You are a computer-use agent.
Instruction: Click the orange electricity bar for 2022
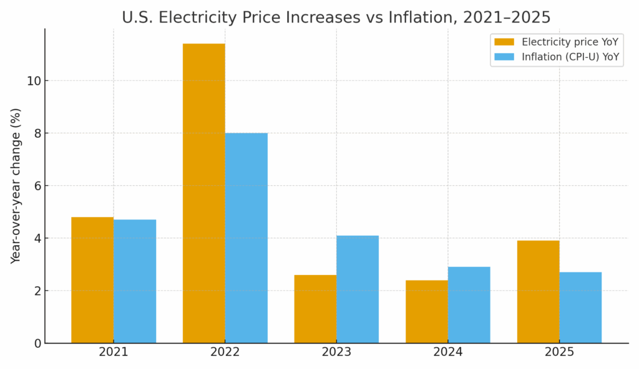[x=204, y=193]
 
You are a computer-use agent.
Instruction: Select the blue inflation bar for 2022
[x=246, y=238]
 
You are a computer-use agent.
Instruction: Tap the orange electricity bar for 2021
[x=92, y=280]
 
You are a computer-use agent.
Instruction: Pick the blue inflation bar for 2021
[x=135, y=281]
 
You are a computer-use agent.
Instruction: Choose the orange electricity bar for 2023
[x=315, y=309]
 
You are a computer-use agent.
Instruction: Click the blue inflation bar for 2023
[x=358, y=289]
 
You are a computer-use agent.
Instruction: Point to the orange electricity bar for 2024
[x=427, y=312]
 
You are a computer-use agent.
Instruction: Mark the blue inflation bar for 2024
[x=469, y=305]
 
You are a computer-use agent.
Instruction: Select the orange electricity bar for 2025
[x=538, y=292]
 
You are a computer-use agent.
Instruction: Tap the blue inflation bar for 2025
[x=580, y=307]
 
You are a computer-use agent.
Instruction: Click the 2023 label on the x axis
[x=336, y=352]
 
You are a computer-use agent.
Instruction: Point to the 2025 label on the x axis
[x=559, y=352]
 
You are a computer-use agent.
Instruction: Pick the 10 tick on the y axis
[x=34, y=81]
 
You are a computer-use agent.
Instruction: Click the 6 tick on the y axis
[x=37, y=186]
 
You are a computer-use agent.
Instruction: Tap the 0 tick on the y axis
[x=37, y=343]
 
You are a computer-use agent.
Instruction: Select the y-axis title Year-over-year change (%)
[x=16, y=185]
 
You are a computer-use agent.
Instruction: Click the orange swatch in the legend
[x=504, y=42]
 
